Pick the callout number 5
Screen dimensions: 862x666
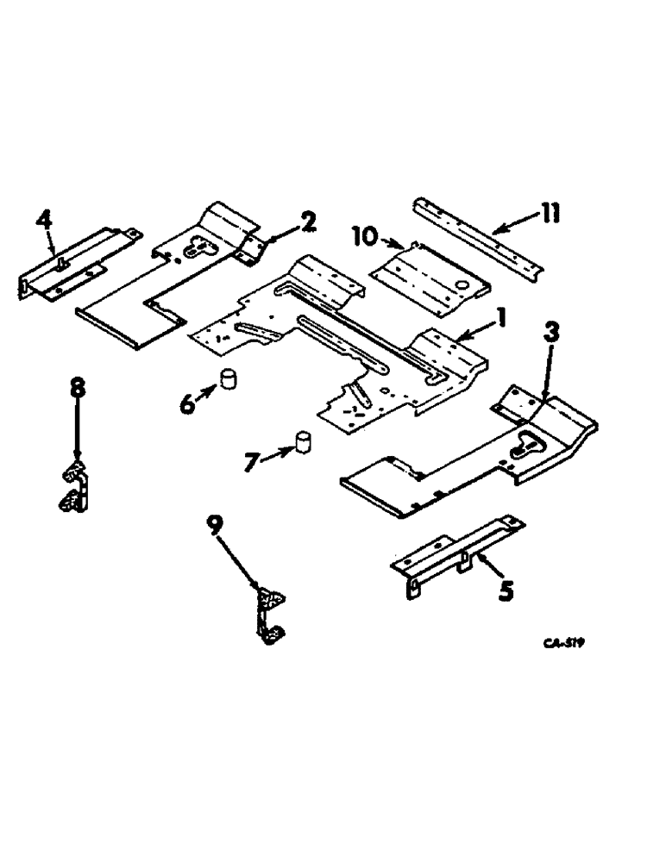[506, 590]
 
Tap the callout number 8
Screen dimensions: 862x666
[78, 388]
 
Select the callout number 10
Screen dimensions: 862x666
[365, 234]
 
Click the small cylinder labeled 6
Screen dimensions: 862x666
[230, 380]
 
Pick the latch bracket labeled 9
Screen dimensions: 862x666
[269, 612]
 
